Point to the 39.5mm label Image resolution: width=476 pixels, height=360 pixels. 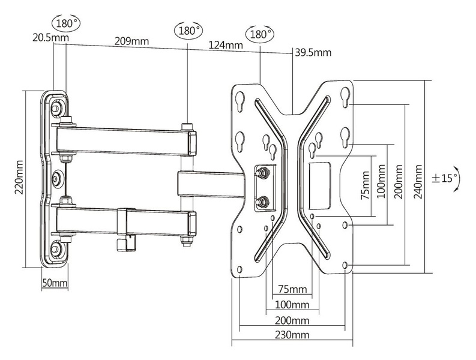tap(313, 52)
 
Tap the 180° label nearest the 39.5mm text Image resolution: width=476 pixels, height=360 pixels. tap(259, 34)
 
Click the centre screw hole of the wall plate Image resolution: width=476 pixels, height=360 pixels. tap(59, 178)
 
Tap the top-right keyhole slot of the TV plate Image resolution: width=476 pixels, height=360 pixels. tap(346, 95)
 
